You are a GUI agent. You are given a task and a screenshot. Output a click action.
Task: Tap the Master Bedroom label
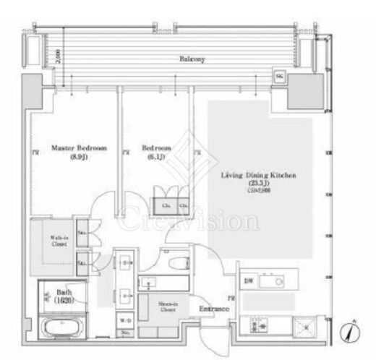[x=79, y=147]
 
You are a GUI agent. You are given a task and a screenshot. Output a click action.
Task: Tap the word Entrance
[x=215, y=309]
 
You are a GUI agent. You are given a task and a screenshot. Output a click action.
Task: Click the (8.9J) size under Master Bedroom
[x=79, y=157]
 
